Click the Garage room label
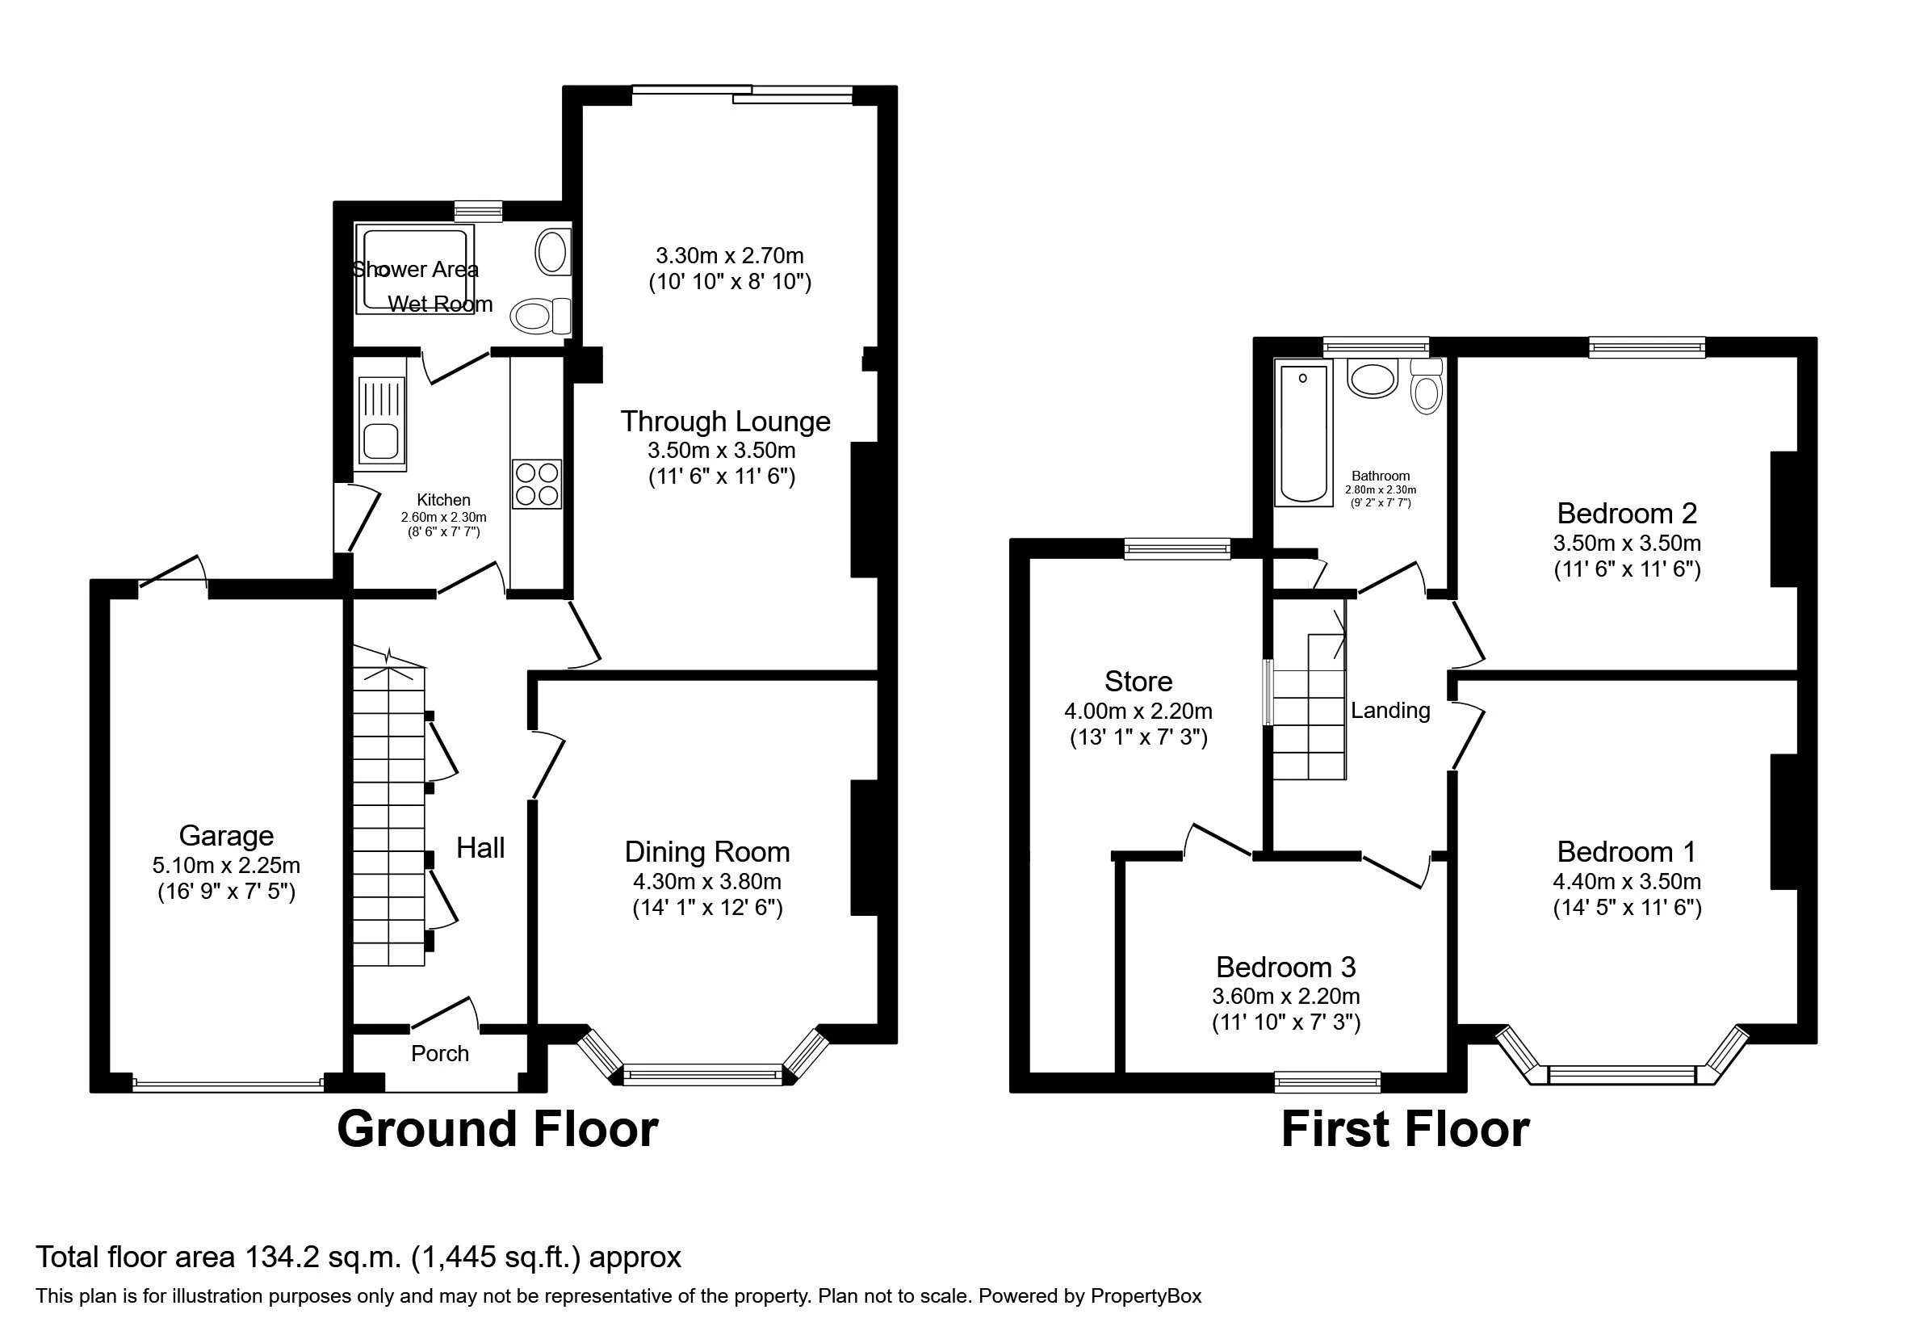click(226, 836)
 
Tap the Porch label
click(440, 1053)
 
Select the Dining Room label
click(706, 852)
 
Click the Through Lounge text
click(725, 422)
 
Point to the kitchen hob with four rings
click(538, 485)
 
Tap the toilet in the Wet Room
click(541, 316)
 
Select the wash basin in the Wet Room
click(553, 253)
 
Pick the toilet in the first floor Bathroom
click(1426, 386)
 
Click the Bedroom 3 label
click(1285, 967)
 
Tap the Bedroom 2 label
click(1626, 514)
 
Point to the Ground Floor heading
click(497, 1130)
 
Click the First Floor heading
click(1406, 1130)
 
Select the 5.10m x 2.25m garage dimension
click(226, 866)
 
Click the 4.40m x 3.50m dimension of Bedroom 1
click(1627, 881)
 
